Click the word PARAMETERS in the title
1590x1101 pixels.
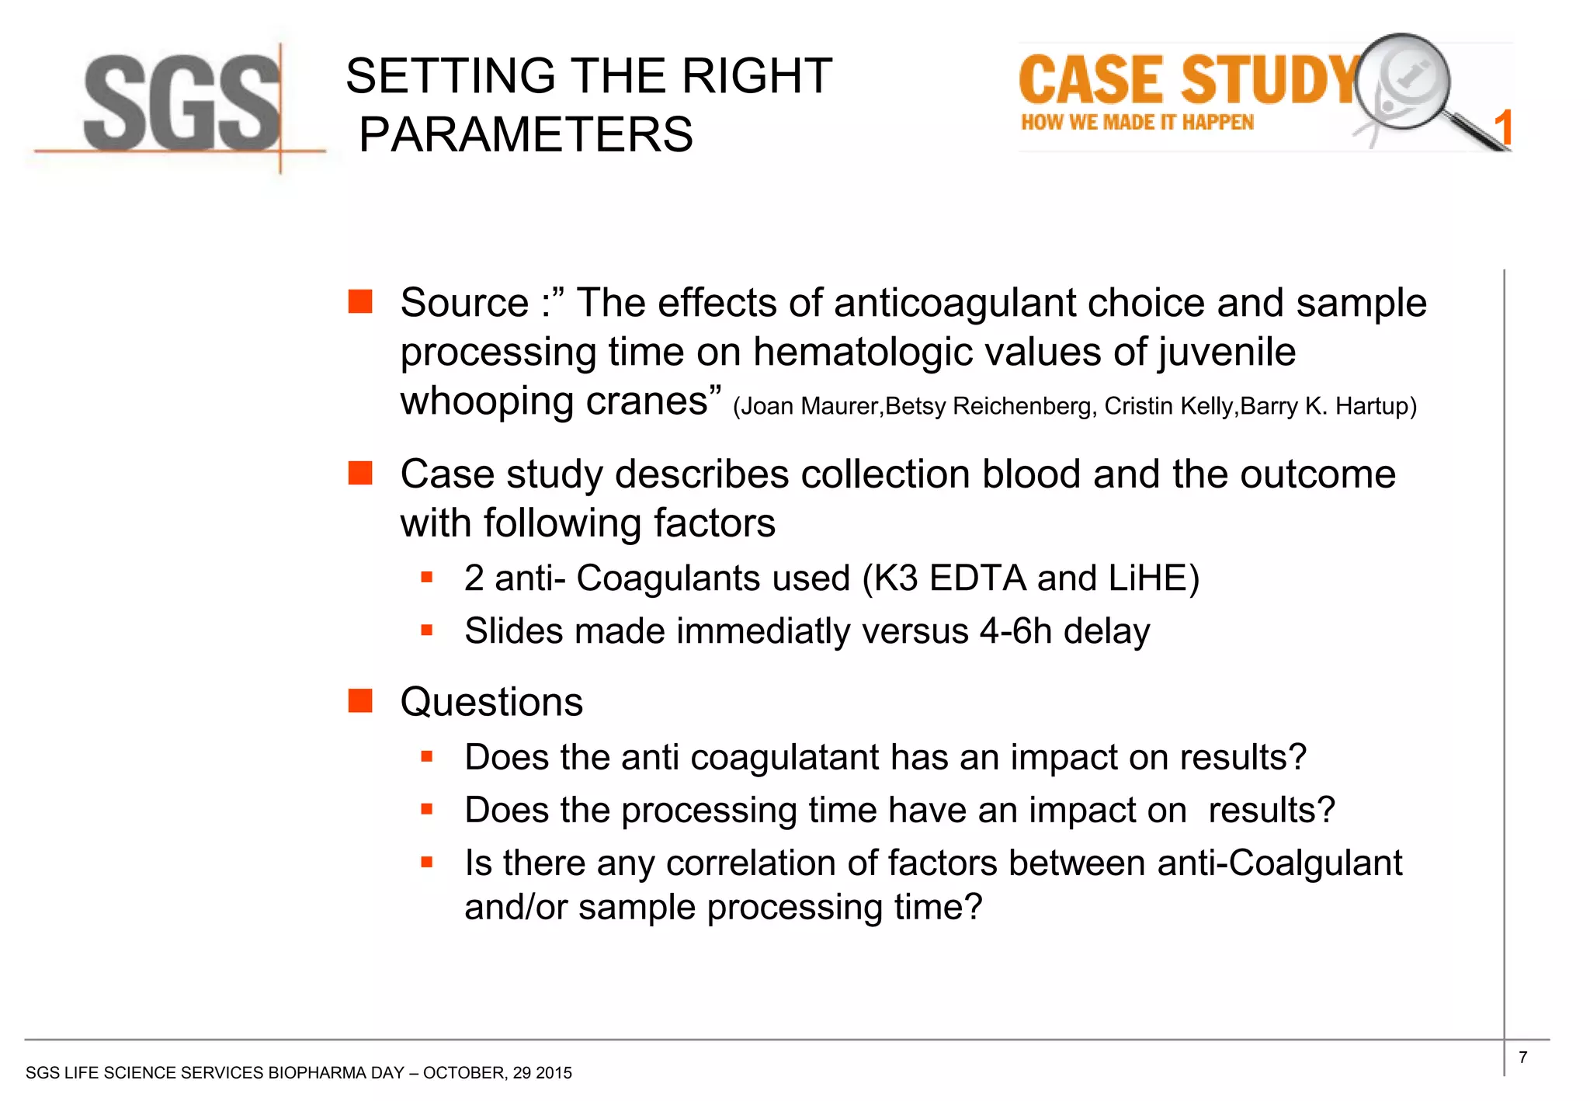point(526,134)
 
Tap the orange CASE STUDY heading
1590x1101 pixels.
point(1188,80)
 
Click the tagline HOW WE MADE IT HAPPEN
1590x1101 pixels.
point(1137,123)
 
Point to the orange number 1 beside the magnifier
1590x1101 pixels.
point(1503,128)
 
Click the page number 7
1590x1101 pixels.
point(1522,1057)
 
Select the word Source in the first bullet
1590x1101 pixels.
point(464,303)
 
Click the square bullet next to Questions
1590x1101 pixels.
point(360,700)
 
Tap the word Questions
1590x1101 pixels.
point(491,702)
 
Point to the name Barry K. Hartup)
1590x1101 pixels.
point(1328,406)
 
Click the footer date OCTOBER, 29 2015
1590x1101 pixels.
point(497,1073)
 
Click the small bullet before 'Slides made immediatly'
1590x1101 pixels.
point(426,630)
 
